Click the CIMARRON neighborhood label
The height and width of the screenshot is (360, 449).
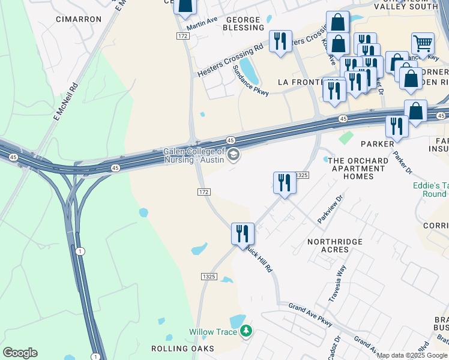(79, 19)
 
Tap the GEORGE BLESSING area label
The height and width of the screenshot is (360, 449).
(244, 23)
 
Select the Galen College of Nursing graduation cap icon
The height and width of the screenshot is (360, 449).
(234, 156)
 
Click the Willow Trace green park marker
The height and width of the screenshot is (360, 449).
(246, 331)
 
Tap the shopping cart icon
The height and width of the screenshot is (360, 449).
(423, 43)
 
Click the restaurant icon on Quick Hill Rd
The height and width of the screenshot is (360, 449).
(243, 233)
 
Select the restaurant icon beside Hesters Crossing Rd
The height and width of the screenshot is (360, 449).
(280, 41)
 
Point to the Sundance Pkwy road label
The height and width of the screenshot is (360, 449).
(250, 79)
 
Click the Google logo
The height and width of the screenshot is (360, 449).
(20, 353)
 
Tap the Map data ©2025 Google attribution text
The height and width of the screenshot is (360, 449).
(412, 355)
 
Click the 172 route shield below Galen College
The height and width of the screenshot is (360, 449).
(203, 191)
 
